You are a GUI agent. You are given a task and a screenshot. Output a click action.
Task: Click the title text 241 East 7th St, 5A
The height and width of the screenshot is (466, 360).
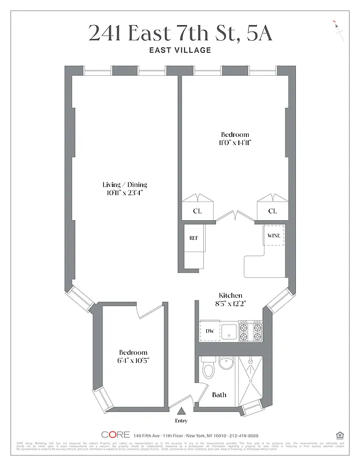(x=180, y=33)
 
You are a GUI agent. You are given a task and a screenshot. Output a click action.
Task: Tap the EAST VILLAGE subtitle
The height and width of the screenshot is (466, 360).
(x=180, y=50)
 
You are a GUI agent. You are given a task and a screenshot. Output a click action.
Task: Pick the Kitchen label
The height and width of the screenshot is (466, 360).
(x=230, y=295)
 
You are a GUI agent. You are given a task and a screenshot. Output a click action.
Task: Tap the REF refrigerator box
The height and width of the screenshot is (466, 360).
(x=193, y=238)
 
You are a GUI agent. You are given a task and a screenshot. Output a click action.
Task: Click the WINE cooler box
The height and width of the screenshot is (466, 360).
(x=273, y=236)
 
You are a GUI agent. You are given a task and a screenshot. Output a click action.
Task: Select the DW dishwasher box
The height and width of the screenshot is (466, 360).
(x=210, y=331)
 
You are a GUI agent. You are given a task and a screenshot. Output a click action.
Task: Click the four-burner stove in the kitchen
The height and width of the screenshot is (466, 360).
(x=250, y=331)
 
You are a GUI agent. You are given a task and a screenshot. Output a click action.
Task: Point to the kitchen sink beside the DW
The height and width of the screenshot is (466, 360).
(x=230, y=331)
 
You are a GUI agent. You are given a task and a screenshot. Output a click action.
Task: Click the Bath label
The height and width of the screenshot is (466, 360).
(x=219, y=395)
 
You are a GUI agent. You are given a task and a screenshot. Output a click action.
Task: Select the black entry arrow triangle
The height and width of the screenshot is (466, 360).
(x=181, y=412)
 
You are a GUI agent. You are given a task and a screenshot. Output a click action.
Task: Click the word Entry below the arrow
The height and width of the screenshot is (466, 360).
(x=181, y=420)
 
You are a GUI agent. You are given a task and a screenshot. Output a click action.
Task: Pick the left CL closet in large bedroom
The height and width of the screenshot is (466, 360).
(x=197, y=211)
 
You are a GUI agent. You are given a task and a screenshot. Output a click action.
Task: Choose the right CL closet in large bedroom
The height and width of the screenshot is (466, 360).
(x=272, y=211)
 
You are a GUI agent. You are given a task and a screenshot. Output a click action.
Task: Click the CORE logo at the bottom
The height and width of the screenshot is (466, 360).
(x=115, y=435)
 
